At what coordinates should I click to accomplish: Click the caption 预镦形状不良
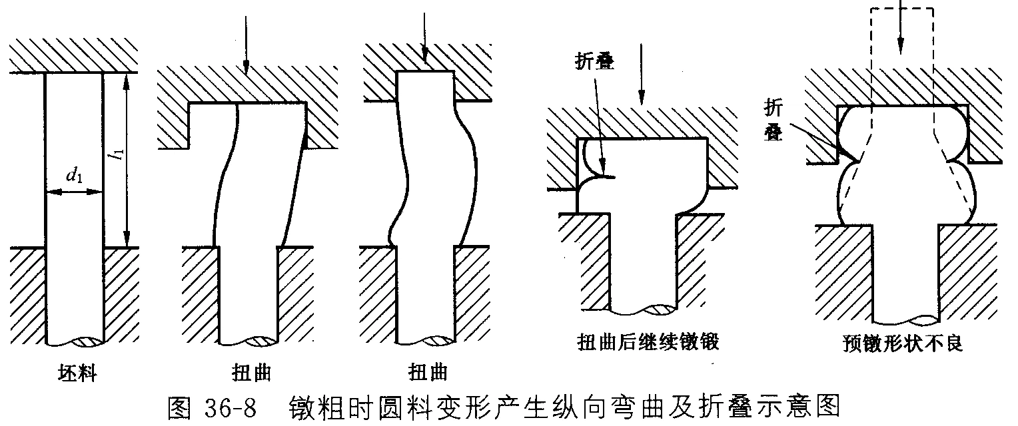(902, 345)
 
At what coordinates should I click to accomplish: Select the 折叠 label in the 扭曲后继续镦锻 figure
(594, 62)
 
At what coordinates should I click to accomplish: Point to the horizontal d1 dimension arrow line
(74, 193)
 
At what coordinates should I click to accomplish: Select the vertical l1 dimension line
(127, 160)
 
